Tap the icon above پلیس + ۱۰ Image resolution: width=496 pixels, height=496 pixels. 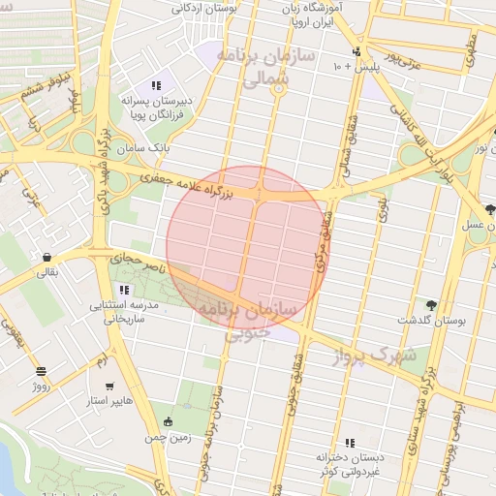(x=356, y=51)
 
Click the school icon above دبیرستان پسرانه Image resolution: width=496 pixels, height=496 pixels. (x=157, y=85)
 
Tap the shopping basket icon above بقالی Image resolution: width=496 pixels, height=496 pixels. (x=46, y=258)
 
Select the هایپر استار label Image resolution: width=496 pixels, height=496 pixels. (x=108, y=400)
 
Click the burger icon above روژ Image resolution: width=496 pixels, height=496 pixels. (x=40, y=371)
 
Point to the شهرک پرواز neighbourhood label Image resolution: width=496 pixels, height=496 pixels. (x=373, y=356)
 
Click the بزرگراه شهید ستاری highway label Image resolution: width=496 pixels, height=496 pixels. (x=427, y=384)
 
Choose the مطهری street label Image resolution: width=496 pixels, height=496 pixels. (x=470, y=52)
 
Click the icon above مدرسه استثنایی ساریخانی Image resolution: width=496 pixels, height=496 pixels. (x=123, y=290)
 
